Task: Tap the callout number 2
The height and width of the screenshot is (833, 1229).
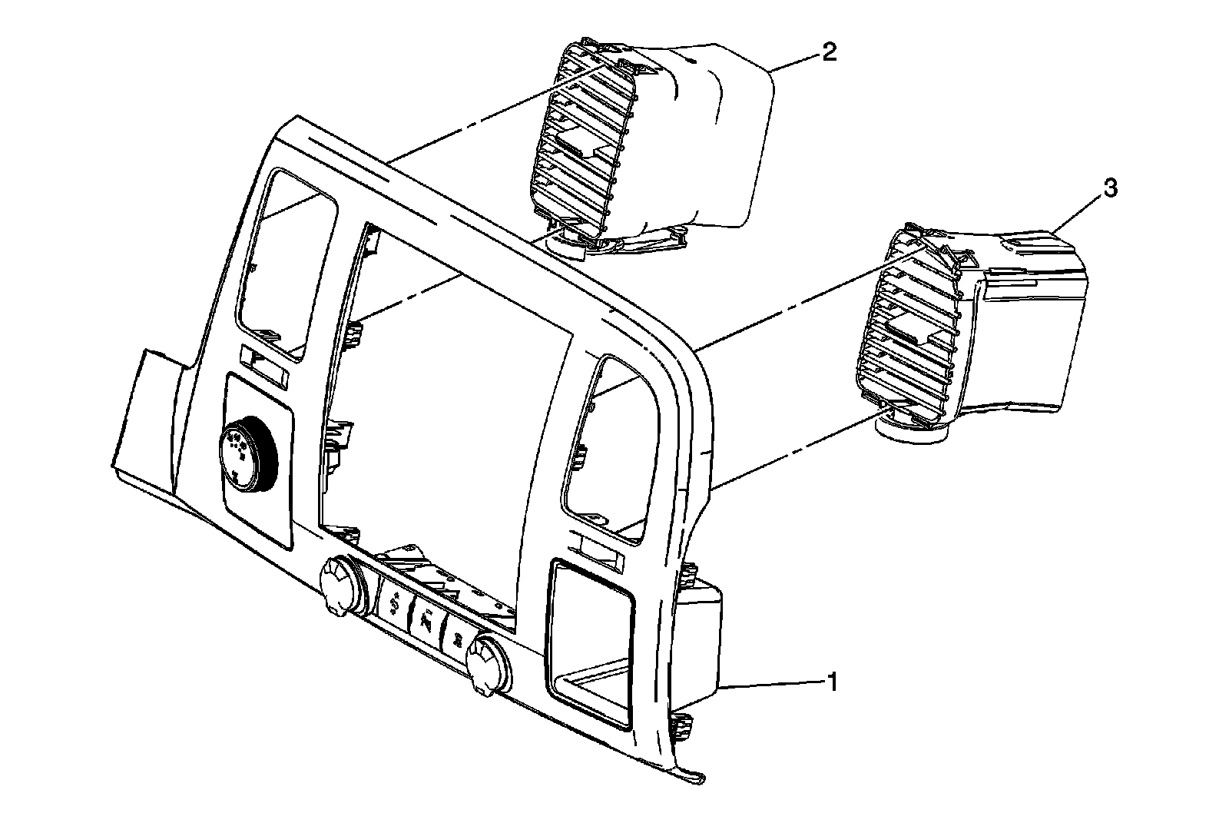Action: click(x=829, y=52)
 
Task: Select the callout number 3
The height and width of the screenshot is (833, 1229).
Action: click(x=1111, y=189)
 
